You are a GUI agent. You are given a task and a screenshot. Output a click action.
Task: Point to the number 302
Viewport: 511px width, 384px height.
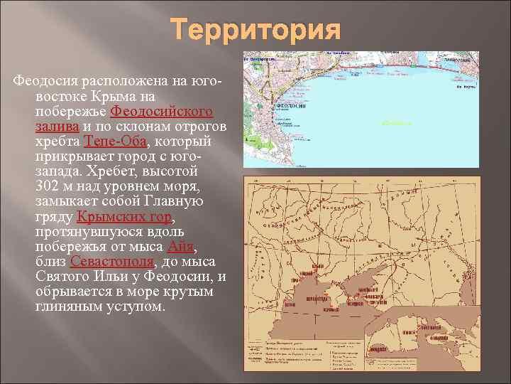click(48, 187)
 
